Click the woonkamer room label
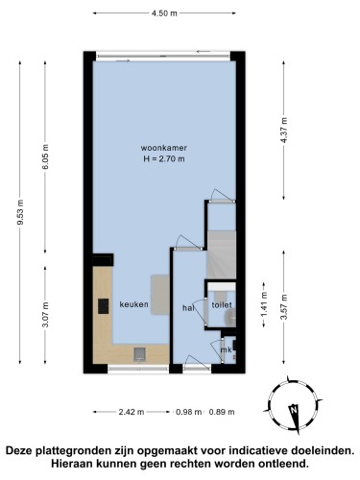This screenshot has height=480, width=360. pos(164,148)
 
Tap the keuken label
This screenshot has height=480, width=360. pos(134,304)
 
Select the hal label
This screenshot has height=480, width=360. pos(188,308)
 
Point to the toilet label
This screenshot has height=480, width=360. pos(222,305)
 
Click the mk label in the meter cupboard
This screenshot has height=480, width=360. pos(227,349)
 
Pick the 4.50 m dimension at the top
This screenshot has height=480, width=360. pos(164,13)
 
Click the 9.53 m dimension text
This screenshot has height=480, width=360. pos(20,212)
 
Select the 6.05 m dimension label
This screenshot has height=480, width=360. pos(45,156)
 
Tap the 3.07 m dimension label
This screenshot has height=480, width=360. pos(45,315)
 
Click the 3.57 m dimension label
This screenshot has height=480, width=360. pos(284,307)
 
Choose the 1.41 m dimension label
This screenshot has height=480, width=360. pos(264,304)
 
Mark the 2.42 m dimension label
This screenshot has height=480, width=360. pos(132,412)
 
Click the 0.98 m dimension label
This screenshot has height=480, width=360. pos(189,412)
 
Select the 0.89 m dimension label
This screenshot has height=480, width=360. pos(222,412)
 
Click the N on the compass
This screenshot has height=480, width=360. pos(293,410)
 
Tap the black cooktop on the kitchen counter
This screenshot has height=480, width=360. pos(103,306)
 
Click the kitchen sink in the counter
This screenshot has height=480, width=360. pos(140,354)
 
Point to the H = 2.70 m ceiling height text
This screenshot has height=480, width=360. pos(164,158)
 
